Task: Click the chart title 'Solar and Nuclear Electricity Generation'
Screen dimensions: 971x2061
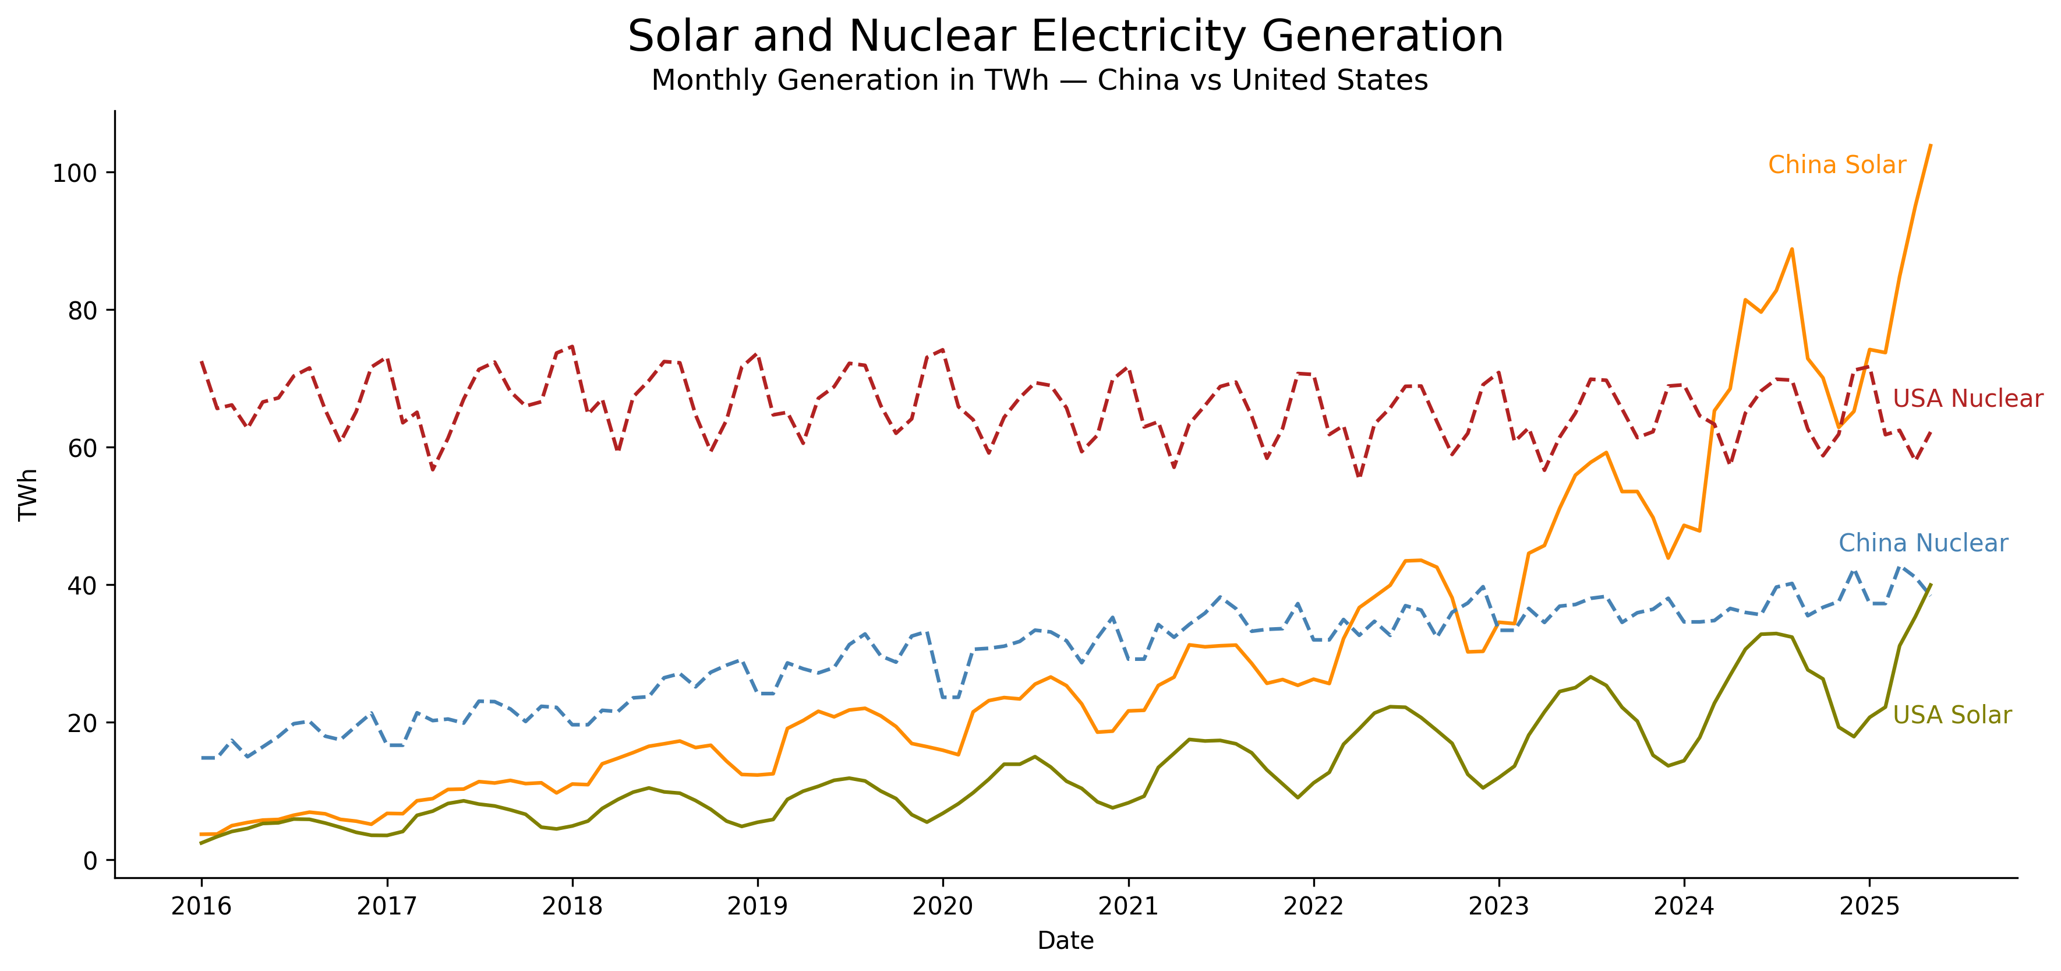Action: [1065, 37]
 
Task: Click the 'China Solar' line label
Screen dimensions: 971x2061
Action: [1837, 165]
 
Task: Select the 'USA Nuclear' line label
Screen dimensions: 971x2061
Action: [1967, 398]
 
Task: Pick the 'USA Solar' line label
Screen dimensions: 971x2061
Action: [1952, 715]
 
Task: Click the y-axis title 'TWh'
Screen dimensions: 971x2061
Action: [29, 494]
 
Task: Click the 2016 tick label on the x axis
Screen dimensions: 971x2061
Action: [201, 906]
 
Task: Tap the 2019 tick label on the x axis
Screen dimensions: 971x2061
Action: [757, 906]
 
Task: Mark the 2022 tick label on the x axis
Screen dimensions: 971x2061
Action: [1313, 906]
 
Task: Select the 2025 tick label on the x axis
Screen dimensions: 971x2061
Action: [1869, 906]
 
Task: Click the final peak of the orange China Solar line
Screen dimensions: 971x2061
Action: [1931, 145]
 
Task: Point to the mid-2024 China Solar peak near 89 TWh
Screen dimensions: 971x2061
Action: [1791, 249]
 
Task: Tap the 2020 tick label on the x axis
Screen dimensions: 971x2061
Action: [942, 906]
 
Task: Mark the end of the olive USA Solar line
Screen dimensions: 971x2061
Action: [1931, 585]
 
